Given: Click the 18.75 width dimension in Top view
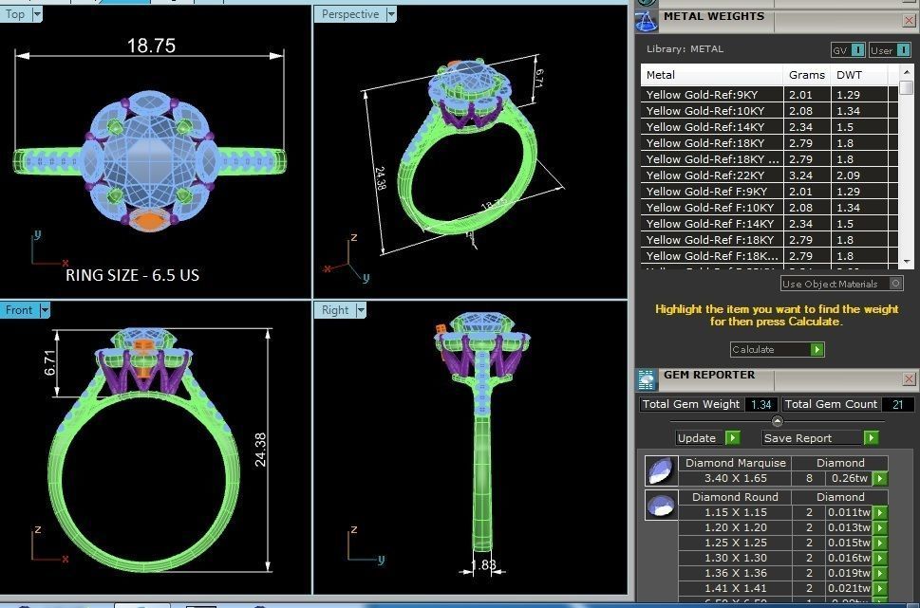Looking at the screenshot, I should click(x=152, y=46).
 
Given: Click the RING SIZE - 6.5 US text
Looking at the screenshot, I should click(x=132, y=275).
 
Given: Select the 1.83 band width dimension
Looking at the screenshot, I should click(x=484, y=566).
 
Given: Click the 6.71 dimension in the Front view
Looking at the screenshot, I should click(x=50, y=364).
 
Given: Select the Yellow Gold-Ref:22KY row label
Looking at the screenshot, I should click(x=704, y=175).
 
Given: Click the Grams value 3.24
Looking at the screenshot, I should click(x=800, y=175).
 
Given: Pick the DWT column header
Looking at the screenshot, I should click(x=848, y=75).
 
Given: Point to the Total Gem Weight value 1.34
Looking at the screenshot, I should click(x=760, y=405).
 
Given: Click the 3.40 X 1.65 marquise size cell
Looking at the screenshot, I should click(x=736, y=479).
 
